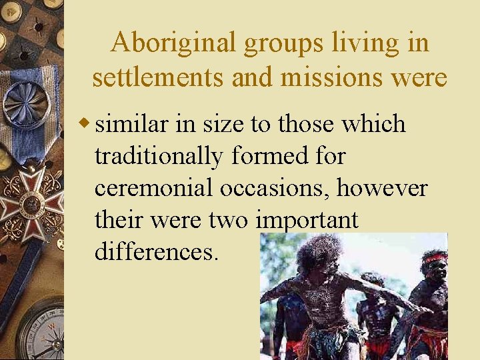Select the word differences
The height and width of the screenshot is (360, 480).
coord(156,252)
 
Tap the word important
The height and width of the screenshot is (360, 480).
coord(308,220)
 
